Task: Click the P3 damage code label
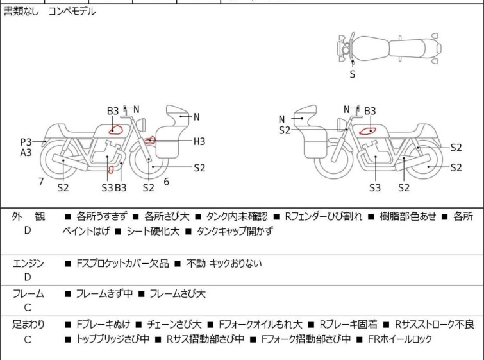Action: click(x=26, y=142)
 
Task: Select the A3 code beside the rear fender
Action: click(x=26, y=153)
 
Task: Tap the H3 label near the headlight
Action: click(x=199, y=141)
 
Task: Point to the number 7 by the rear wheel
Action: click(x=41, y=182)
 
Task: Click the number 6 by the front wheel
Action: click(x=166, y=182)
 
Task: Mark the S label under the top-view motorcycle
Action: click(x=352, y=74)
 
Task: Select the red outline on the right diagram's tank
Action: click(x=367, y=131)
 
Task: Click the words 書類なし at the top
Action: click(x=22, y=12)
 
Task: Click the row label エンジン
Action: click(x=28, y=263)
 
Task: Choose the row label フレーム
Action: click(x=28, y=294)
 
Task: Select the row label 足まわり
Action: click(x=28, y=325)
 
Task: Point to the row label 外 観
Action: click(x=28, y=217)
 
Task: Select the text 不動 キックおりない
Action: click(x=224, y=263)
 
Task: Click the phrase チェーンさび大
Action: click(x=174, y=325)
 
